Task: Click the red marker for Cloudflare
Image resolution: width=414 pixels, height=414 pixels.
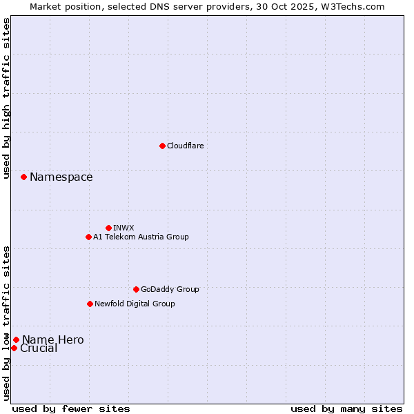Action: tap(162, 146)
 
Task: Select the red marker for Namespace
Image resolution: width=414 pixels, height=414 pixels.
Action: tap(23, 177)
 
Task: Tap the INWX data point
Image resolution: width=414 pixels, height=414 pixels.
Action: tap(108, 228)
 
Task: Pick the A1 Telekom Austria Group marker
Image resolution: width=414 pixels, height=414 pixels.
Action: tap(88, 237)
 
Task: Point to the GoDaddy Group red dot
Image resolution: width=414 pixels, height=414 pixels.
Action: tap(136, 289)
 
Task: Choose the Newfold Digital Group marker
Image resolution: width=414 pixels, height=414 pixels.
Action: tap(90, 304)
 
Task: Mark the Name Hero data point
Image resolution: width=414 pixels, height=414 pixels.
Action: tap(16, 339)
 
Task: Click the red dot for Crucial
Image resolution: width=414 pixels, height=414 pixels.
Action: tap(14, 348)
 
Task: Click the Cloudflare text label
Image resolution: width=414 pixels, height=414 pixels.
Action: tap(185, 146)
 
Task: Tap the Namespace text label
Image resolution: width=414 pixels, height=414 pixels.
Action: tap(61, 177)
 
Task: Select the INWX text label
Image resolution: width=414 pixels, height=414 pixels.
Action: tap(124, 228)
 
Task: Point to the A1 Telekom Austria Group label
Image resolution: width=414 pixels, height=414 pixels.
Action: tap(141, 237)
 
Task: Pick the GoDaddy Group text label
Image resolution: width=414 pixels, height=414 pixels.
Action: tap(170, 289)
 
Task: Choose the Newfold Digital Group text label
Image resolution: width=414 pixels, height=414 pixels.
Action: tap(135, 304)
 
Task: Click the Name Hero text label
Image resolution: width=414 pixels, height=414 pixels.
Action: tap(53, 339)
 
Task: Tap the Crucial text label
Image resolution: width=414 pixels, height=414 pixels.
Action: tap(39, 348)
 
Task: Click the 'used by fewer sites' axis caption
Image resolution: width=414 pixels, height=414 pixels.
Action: tap(71, 408)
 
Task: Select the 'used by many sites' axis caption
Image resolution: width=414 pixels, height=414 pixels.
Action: tap(346, 408)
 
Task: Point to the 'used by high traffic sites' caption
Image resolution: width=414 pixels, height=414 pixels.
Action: tap(7, 98)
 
